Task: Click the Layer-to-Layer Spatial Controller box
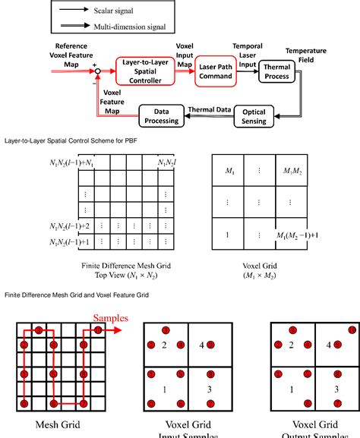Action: click(144, 73)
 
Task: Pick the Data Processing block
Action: click(160, 116)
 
